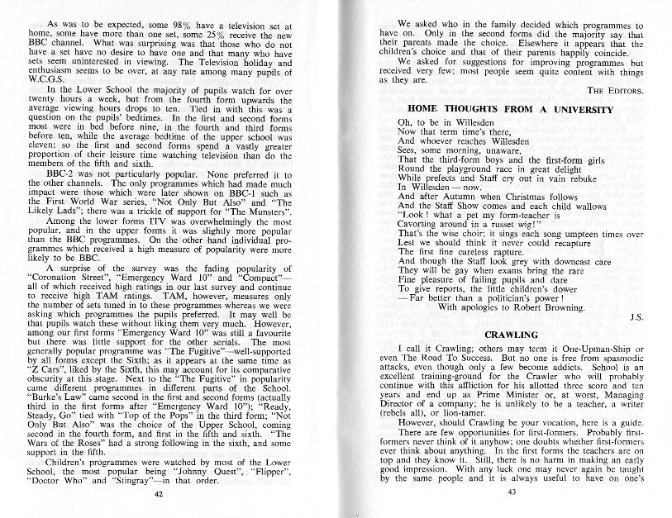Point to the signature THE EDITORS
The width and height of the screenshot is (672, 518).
[612, 90]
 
